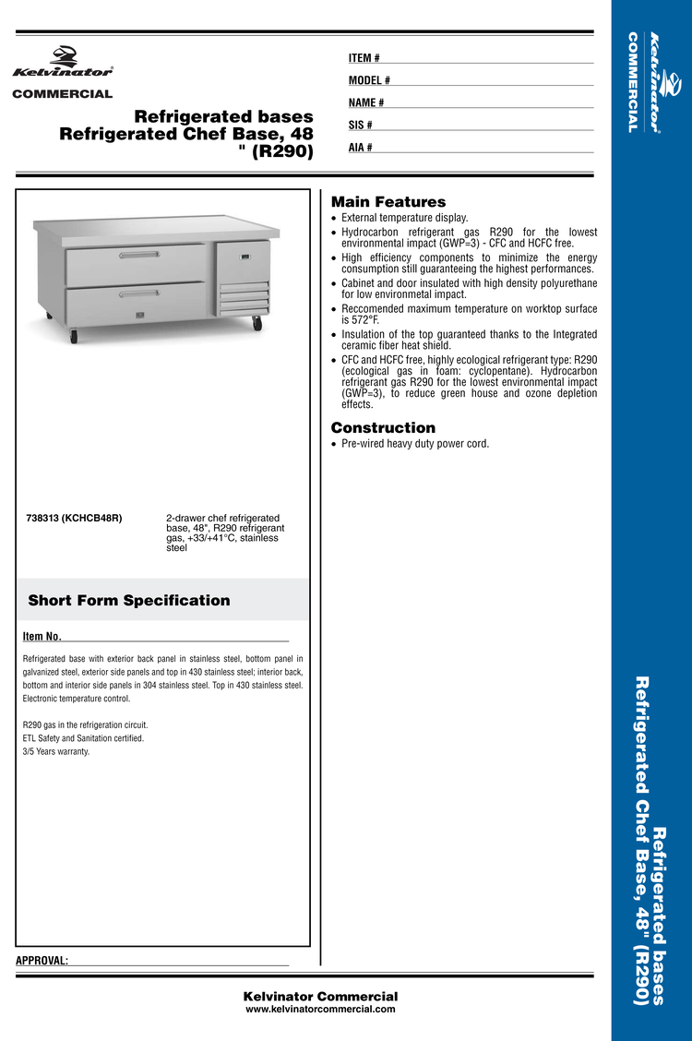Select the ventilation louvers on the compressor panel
point(244,296)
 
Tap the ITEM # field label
point(364,58)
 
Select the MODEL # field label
point(369,80)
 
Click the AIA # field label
point(361,147)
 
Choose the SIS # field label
point(361,125)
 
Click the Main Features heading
point(388,202)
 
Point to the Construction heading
point(383,428)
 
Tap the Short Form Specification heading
point(129,601)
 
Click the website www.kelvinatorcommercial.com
point(320,1010)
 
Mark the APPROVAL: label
point(42,961)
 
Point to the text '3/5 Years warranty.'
point(56,751)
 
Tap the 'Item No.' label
point(42,637)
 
